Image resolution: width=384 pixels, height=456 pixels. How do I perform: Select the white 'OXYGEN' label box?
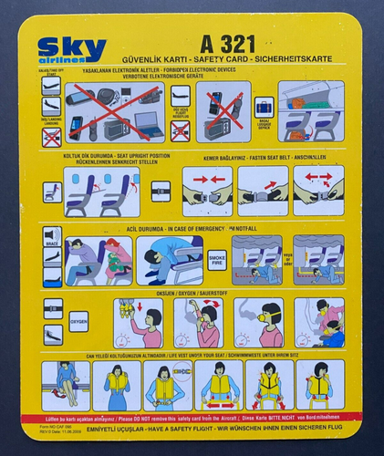coord(78,323)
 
